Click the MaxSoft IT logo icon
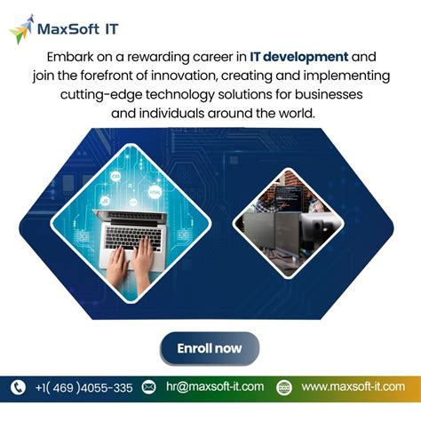[x=20, y=28]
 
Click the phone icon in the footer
[x=18, y=387]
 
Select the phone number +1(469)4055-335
[x=84, y=387]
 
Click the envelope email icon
[x=149, y=387]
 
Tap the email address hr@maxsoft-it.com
[x=214, y=387]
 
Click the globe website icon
[x=284, y=387]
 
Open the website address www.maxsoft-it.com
[x=353, y=387]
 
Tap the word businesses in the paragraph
[x=333, y=96]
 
